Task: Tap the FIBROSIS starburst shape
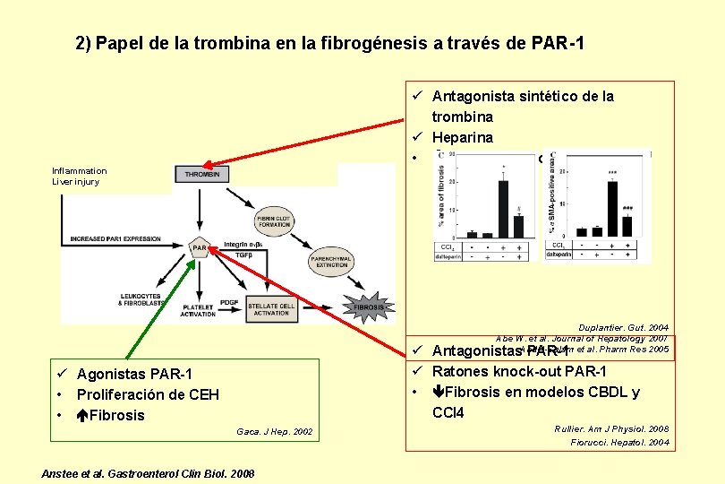[x=369, y=307]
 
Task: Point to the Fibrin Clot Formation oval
[x=277, y=221]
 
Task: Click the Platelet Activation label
[x=197, y=310]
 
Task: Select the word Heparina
[x=463, y=137]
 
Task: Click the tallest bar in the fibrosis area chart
[x=504, y=205]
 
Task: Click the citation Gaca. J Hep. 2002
[x=275, y=432]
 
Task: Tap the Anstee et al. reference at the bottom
[x=148, y=472]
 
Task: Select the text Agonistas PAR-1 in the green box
[x=134, y=374]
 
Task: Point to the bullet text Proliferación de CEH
[x=148, y=394]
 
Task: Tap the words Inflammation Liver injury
[x=79, y=176]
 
